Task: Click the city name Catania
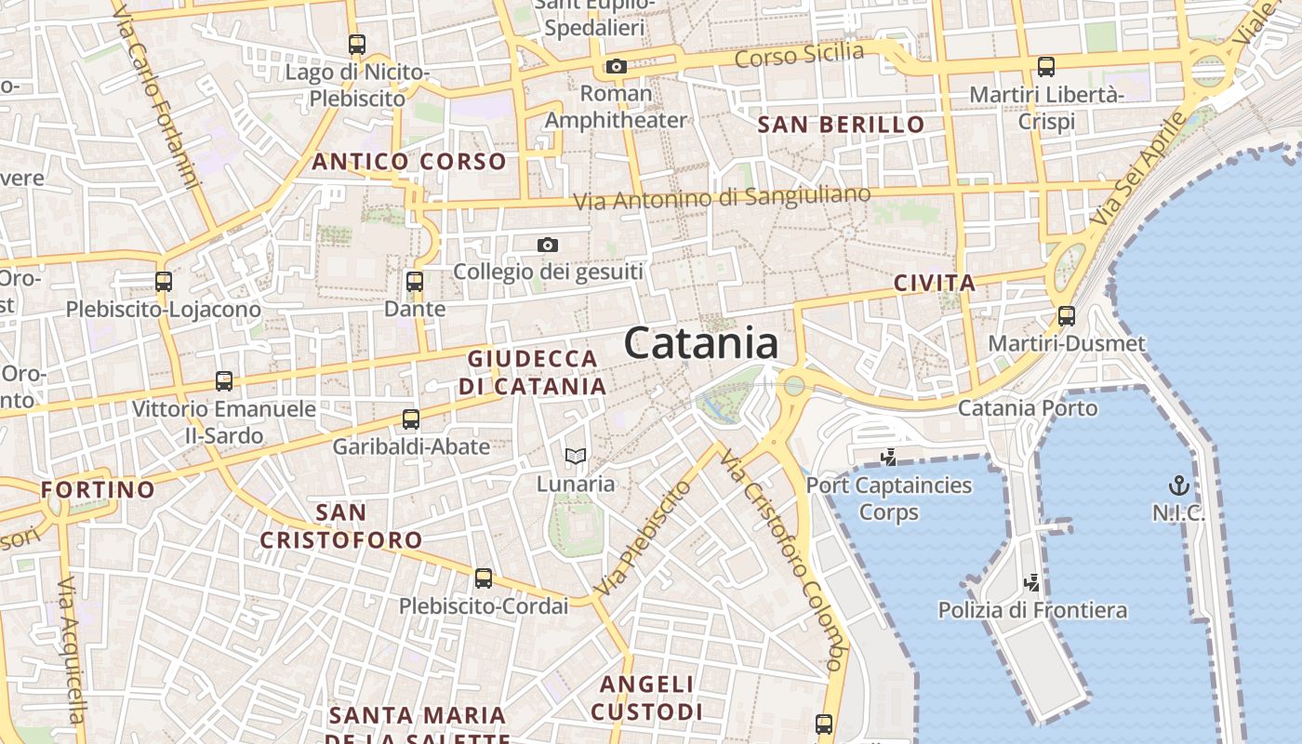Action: [x=701, y=344]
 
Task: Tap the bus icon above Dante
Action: [x=415, y=281]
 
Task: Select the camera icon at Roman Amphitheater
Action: [x=616, y=66]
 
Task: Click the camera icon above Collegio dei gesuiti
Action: [x=548, y=245]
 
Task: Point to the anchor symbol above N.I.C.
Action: [x=1178, y=485]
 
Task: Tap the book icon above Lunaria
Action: [x=576, y=456]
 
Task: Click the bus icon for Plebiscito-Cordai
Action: [x=483, y=578]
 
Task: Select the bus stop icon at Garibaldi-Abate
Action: [x=411, y=418]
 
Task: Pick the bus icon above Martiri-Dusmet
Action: [x=1066, y=316]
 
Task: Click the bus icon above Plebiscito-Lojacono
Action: [x=164, y=281]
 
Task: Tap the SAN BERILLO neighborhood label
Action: [x=842, y=125]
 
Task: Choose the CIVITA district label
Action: [x=935, y=284]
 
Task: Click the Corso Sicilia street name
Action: [x=799, y=55]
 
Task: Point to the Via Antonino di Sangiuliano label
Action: [x=722, y=198]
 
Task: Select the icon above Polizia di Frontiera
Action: [x=1031, y=583]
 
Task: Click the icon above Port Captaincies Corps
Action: [x=888, y=457]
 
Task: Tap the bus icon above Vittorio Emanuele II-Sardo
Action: [x=223, y=380]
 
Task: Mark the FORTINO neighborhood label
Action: [x=98, y=489]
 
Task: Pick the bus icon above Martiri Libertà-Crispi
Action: [x=1046, y=66]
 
